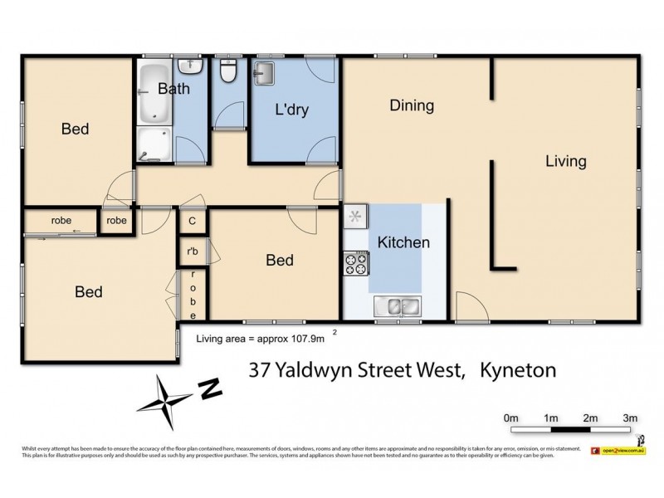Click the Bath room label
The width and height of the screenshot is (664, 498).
click(173, 89)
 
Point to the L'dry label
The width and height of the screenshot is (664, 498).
click(292, 110)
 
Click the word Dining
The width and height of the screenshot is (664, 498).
click(412, 105)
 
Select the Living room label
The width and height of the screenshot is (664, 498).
click(565, 161)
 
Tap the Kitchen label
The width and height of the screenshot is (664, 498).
click(403, 242)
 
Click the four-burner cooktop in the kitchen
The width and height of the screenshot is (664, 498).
click(356, 264)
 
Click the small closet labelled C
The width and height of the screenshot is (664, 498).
click(192, 222)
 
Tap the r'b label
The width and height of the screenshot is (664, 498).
click(192, 251)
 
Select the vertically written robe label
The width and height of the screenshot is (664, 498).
click(193, 295)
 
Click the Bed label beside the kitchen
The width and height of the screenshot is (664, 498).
click(279, 261)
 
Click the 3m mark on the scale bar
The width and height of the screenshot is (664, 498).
click(630, 417)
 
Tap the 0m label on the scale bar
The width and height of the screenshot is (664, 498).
click(510, 417)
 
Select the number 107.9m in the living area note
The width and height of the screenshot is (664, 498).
click(302, 338)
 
